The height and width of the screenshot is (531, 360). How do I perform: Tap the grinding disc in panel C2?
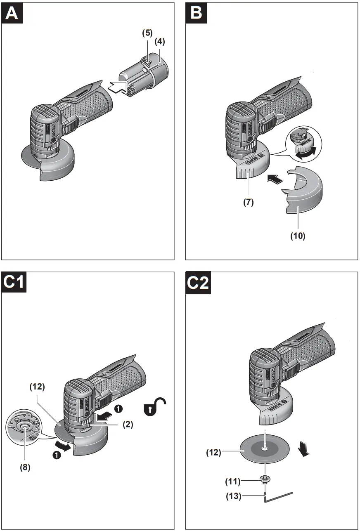pyautogui.click(x=264, y=450)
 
